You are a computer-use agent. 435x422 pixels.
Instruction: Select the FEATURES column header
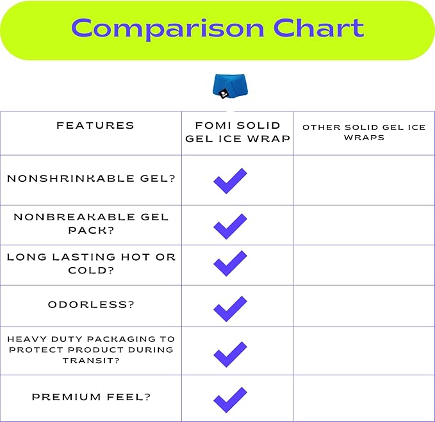pos(95,126)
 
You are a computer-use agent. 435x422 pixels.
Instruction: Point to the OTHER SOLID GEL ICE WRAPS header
pos(364,133)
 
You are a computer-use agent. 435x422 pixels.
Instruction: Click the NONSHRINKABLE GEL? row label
pos(91,179)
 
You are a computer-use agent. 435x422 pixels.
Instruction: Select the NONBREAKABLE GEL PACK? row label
pos(91,223)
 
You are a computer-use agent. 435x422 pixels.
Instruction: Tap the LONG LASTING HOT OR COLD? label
pos(91,263)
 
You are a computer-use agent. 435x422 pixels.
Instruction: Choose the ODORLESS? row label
pos(91,304)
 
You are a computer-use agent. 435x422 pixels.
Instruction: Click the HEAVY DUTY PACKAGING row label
pos(91,350)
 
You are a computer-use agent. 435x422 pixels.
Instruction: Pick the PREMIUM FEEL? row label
pos(91,397)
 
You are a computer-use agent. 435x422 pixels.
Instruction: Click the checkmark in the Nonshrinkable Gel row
pos(230,181)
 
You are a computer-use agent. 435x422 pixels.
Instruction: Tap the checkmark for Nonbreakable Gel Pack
pos(230,226)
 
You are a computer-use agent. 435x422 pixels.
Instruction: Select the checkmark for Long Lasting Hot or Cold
pos(230,263)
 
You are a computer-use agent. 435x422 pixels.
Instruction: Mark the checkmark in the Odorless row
pos(230,308)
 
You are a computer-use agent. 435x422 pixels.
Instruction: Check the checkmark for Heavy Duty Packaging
pos(230,354)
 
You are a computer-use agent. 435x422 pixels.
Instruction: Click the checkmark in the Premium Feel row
pos(230,400)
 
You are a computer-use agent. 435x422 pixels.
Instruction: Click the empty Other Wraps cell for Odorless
pos(364,305)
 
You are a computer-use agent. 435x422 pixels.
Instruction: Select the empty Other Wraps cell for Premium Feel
pos(364,398)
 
